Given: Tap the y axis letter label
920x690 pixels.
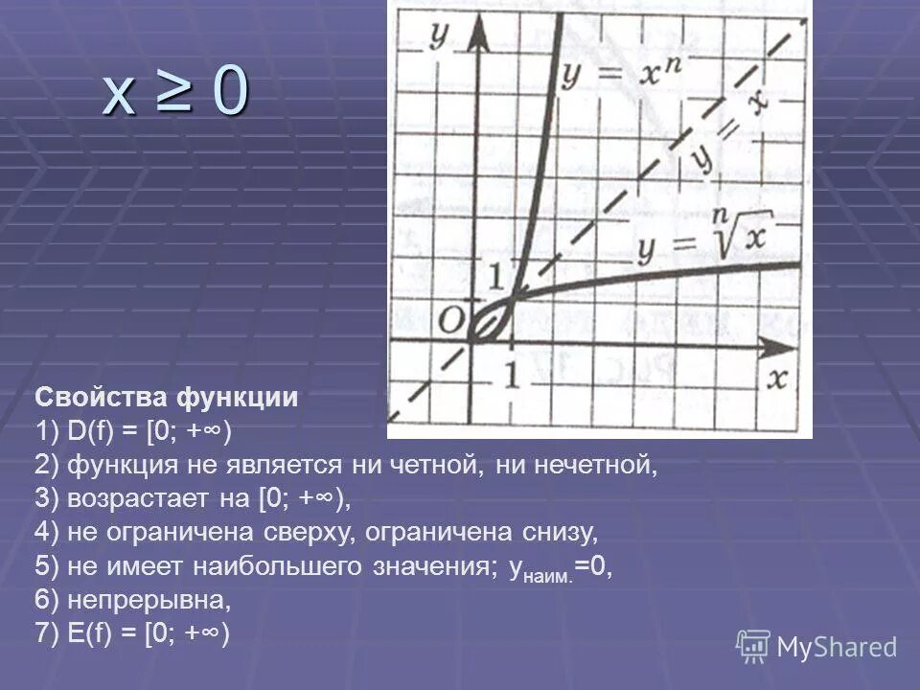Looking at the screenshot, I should pos(440,34).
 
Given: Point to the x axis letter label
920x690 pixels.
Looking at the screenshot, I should pos(777,379).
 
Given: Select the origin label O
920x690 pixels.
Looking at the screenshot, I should pos(451,319).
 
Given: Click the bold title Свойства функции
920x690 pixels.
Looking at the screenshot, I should pos(168,398).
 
